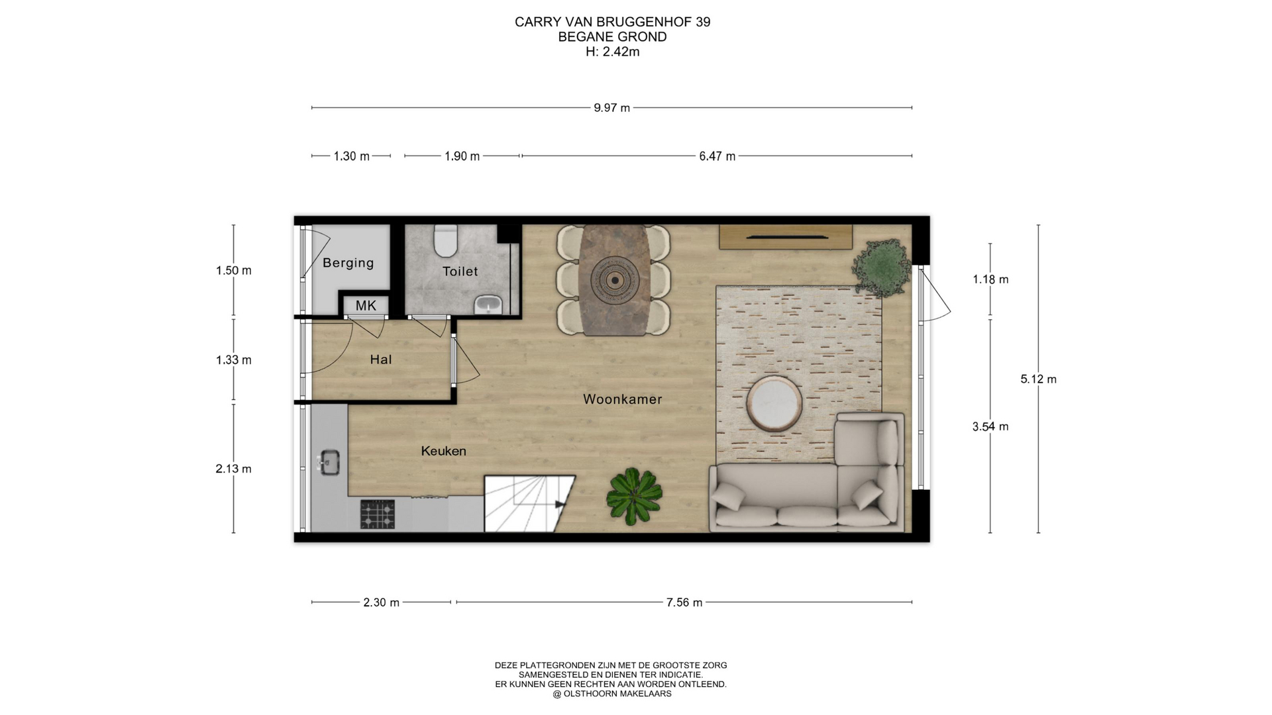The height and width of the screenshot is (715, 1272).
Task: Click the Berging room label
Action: (x=348, y=263)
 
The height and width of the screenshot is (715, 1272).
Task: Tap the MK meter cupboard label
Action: (x=366, y=305)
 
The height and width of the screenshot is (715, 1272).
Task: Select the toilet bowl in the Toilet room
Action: (x=445, y=240)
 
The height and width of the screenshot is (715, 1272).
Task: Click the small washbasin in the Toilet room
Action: (x=489, y=305)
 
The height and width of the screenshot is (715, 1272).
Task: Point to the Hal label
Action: (x=381, y=359)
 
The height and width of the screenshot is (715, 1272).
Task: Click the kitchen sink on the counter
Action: (x=329, y=462)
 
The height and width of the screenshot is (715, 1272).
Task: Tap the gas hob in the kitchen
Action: (x=378, y=514)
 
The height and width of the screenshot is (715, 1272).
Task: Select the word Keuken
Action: (x=444, y=451)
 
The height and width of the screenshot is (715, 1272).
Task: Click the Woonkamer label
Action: (x=623, y=399)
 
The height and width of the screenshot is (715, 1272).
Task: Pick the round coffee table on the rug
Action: (x=775, y=403)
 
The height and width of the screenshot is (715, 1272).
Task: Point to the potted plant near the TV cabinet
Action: (x=882, y=266)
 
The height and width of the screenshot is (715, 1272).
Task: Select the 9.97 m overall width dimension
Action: (x=611, y=108)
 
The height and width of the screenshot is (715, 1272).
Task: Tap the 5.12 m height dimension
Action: (x=1038, y=379)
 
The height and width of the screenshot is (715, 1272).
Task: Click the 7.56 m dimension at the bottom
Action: (x=684, y=602)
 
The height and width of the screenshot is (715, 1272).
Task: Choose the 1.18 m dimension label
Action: (x=990, y=279)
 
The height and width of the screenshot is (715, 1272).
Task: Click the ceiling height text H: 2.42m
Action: (x=613, y=52)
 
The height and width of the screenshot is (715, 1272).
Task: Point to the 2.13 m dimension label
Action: (x=233, y=469)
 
